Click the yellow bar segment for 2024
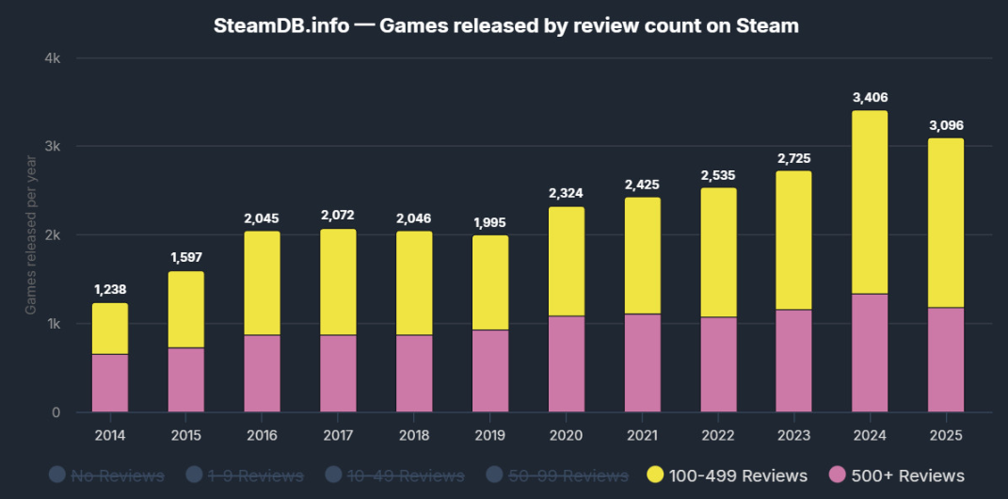click(x=870, y=202)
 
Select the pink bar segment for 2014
click(x=110, y=383)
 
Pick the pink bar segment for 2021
click(x=642, y=362)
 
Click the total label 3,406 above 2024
click(x=870, y=97)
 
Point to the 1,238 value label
click(x=110, y=289)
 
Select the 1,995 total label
click(x=490, y=221)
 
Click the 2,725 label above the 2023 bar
click(x=793, y=157)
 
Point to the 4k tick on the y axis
click(x=53, y=58)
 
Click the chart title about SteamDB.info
click(x=505, y=25)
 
